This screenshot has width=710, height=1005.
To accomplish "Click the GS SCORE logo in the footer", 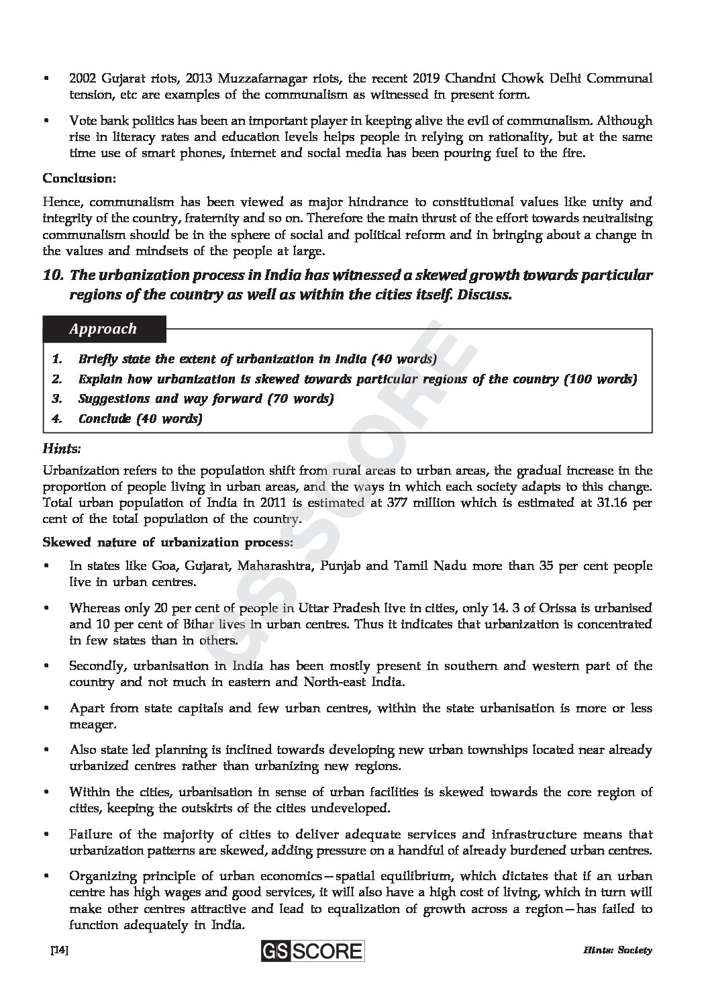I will [x=313, y=951].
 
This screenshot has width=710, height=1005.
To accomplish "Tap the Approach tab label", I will [x=102, y=329].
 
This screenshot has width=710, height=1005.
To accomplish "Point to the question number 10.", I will [x=53, y=275].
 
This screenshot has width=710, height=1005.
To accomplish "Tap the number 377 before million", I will [x=400, y=502].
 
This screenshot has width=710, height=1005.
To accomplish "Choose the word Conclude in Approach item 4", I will [x=105, y=419].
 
